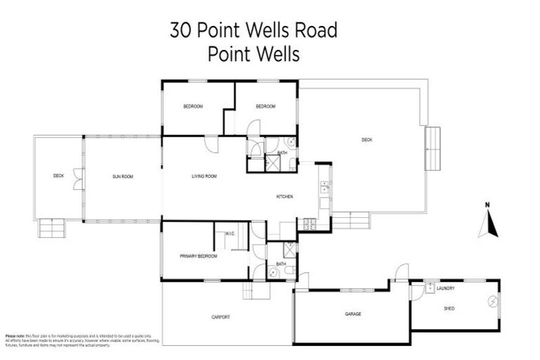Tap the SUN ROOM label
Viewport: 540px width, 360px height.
pyautogui.click(x=122, y=176)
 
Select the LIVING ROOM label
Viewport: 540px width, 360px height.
pyautogui.click(x=204, y=176)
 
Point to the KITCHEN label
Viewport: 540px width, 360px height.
pyautogui.click(x=284, y=196)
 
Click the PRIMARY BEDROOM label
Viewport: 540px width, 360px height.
pyautogui.click(x=198, y=256)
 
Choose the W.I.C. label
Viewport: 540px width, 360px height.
pyautogui.click(x=230, y=234)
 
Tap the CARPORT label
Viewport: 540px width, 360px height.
pyautogui.click(x=221, y=317)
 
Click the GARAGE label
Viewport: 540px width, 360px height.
pyautogui.click(x=353, y=314)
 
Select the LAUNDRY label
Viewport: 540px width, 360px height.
pyautogui.click(x=445, y=288)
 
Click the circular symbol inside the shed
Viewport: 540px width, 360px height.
pyautogui.click(x=492, y=302)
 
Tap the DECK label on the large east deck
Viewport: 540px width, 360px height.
pyautogui.click(x=367, y=140)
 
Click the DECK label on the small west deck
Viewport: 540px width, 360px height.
pyautogui.click(x=58, y=176)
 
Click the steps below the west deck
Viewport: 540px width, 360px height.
pyautogui.click(x=52, y=229)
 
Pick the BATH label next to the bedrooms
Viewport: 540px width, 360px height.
pyautogui.click(x=282, y=153)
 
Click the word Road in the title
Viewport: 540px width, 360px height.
pyautogui.click(x=314, y=31)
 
